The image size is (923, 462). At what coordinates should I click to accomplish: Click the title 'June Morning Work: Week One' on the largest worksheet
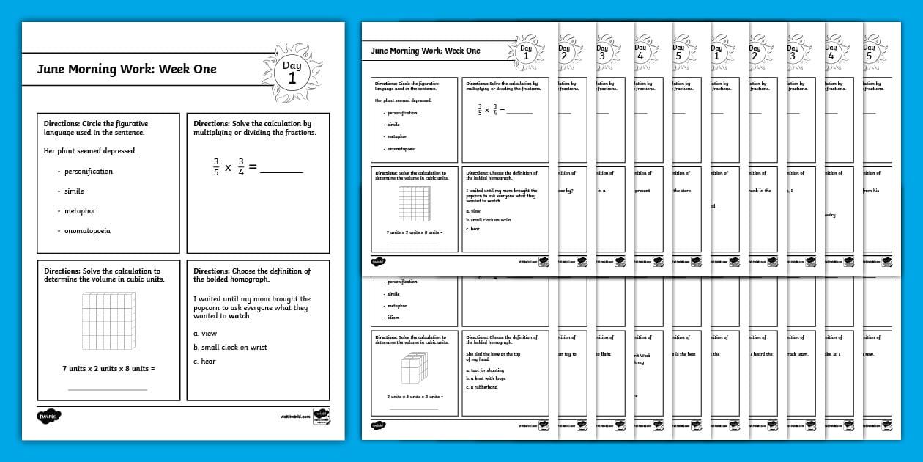pyautogui.click(x=127, y=70)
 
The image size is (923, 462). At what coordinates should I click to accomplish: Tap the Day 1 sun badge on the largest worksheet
pyautogui.click(x=292, y=73)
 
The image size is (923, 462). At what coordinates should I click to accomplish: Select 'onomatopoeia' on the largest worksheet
pyautogui.click(x=87, y=231)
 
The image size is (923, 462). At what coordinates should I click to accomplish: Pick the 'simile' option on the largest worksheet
pyautogui.click(x=74, y=191)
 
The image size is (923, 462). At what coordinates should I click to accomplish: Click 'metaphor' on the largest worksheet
pyautogui.click(x=80, y=211)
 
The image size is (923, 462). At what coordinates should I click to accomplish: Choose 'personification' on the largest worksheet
pyautogui.click(x=89, y=172)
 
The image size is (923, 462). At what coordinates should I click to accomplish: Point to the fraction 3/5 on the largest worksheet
pyautogui.click(x=216, y=167)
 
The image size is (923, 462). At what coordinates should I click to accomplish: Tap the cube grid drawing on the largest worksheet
pyautogui.click(x=108, y=320)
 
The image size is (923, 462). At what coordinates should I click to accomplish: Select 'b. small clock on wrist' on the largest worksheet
pyautogui.click(x=230, y=348)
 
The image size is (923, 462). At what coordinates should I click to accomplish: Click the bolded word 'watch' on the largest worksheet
pyautogui.click(x=240, y=316)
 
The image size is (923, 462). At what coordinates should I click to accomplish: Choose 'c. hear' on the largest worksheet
pyautogui.click(x=204, y=362)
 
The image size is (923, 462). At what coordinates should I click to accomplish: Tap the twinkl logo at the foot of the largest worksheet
pyautogui.click(x=49, y=417)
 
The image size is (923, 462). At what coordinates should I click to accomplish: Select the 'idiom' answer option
pyautogui.click(x=392, y=318)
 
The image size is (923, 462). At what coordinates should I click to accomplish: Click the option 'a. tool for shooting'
pyautogui.click(x=484, y=370)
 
